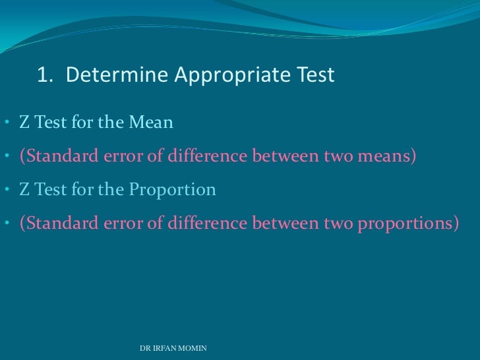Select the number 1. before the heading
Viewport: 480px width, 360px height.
pos(45,76)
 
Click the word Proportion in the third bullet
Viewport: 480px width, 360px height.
pos(172,190)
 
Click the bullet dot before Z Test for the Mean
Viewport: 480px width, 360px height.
pos(5,123)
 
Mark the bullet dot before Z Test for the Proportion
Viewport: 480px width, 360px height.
pos(5,191)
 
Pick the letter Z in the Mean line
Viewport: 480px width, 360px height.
pos(24,123)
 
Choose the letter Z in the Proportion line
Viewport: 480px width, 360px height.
pos(24,190)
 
